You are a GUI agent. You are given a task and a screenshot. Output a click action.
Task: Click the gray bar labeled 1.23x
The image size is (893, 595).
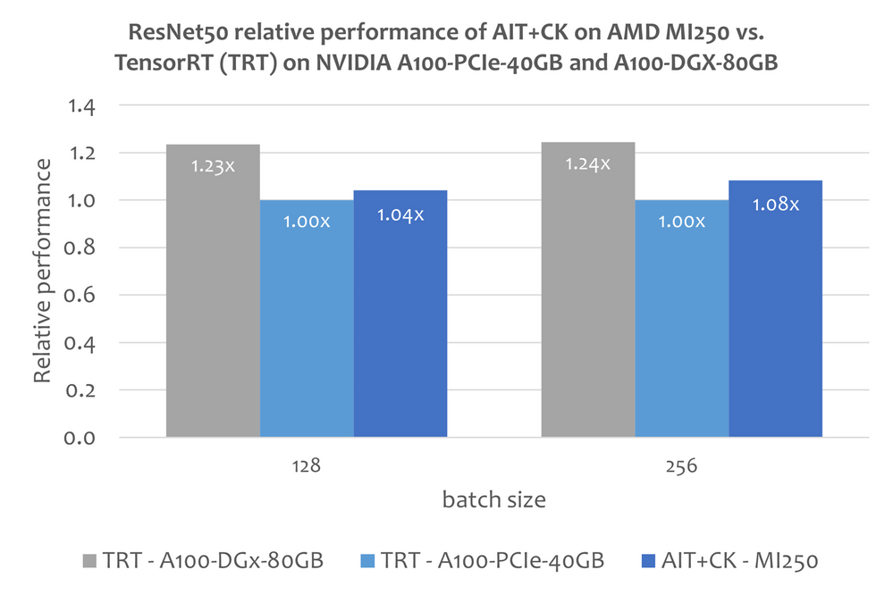coord(213,295)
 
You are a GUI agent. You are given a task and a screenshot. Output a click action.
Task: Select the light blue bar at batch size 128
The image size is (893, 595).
coord(307,322)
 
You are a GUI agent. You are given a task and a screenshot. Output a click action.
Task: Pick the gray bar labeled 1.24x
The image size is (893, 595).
coord(587,295)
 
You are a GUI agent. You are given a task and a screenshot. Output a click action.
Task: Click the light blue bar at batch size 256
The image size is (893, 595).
coord(681,322)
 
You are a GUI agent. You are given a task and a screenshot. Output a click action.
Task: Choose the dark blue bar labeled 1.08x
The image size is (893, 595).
coord(775,313)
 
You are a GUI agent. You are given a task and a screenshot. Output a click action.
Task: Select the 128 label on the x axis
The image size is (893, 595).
coord(307,466)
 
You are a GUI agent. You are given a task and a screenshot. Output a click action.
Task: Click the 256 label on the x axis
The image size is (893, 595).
coord(681,466)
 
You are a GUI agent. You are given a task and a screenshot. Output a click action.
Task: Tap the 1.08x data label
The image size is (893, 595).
coord(775,204)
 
